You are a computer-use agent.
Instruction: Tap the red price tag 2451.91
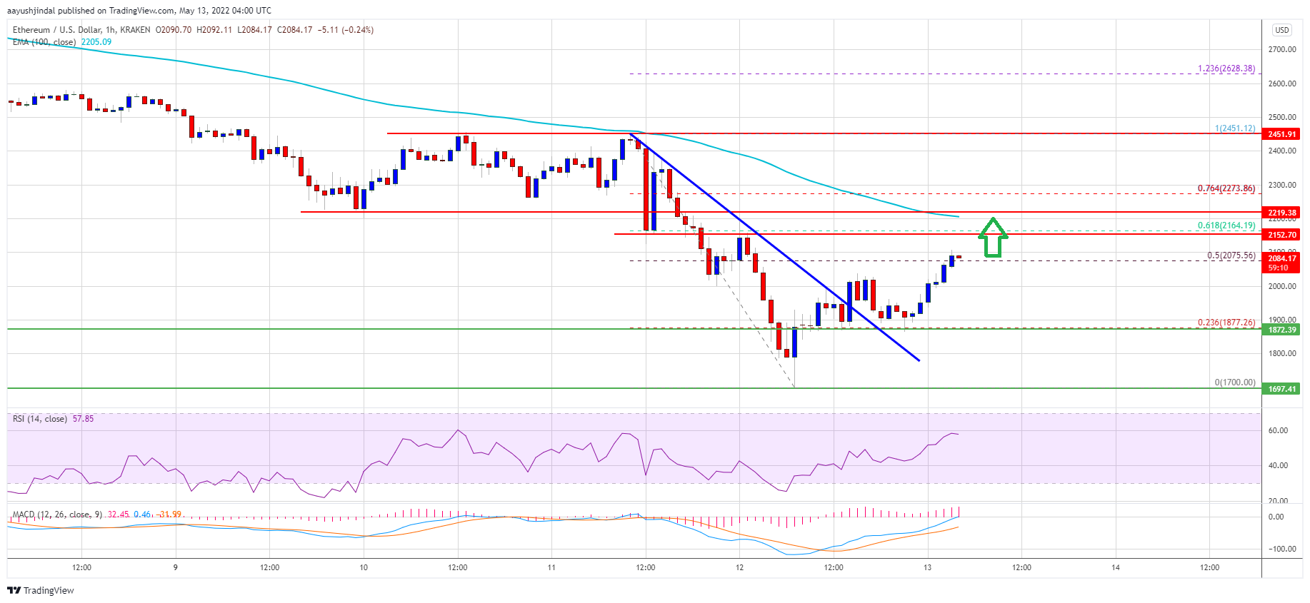tap(1281, 134)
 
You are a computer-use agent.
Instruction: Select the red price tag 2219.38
tap(1281, 213)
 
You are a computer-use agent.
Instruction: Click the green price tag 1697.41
tap(1281, 389)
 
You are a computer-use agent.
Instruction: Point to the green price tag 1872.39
tap(1281, 330)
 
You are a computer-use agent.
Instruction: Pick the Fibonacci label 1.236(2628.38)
tap(1226, 69)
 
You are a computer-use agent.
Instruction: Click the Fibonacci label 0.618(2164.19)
tap(1226, 226)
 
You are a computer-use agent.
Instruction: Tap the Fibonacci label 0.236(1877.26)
tap(1226, 323)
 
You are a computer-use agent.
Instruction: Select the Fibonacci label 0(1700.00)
tap(1234, 382)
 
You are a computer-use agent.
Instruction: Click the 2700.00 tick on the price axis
tap(1281, 49)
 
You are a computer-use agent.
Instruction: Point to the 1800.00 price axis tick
tap(1281, 353)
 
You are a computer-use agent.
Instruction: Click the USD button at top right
tap(1281, 30)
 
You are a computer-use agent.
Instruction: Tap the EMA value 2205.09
tap(96, 42)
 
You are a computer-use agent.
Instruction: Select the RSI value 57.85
tap(83, 419)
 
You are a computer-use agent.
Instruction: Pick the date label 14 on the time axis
tap(1115, 568)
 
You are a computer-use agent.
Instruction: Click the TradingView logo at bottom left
tap(41, 590)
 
